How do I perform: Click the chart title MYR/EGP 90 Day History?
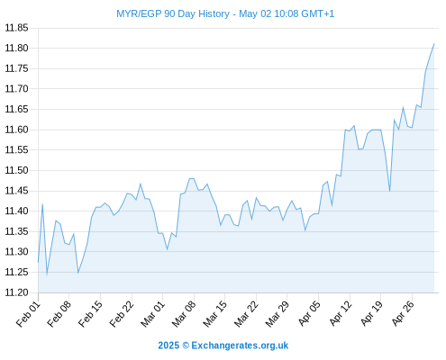173,13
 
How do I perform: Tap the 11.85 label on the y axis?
16,28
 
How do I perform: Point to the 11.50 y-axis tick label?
16,170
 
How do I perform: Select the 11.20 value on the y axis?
16,292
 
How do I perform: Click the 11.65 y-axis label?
16,109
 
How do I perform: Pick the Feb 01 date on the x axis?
28,314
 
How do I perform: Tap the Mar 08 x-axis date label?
184,314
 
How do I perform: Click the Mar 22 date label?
246,314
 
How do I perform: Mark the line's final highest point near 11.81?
434,44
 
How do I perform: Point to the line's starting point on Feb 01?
38,262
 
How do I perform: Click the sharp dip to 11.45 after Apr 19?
390,191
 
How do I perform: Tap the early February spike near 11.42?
42,204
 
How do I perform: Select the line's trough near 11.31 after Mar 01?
168,249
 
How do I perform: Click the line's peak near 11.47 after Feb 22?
141,184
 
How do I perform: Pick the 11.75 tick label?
16,68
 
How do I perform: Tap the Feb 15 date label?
90,314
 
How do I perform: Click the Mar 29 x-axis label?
278,314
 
